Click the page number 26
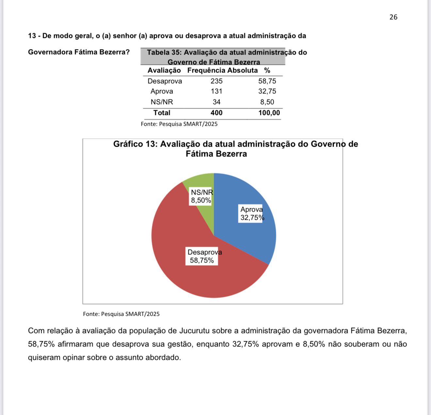393,17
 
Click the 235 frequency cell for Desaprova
216,81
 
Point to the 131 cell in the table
216,91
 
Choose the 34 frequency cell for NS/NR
216,102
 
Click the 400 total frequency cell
216,113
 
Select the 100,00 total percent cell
269,113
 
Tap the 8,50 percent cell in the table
267,102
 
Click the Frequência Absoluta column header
222,71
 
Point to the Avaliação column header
164,71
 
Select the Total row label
162,113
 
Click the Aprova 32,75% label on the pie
252,214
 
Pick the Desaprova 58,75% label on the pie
202,256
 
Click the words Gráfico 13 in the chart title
135,144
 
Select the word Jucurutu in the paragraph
194,331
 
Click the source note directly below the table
179,124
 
